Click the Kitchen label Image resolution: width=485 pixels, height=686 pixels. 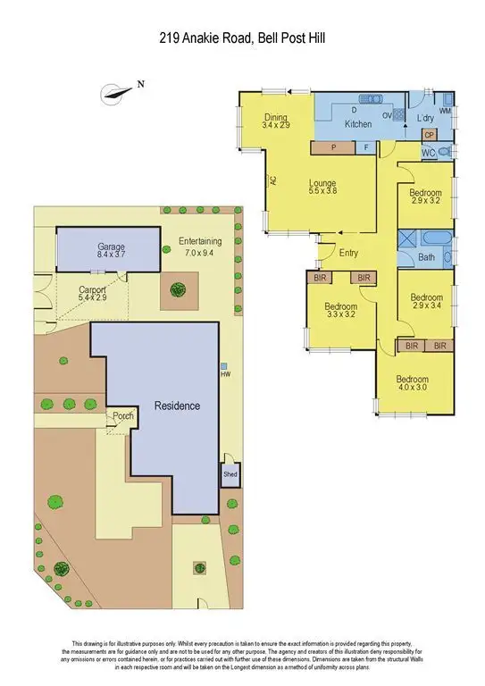(358, 124)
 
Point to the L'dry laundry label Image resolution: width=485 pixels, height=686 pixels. (425, 118)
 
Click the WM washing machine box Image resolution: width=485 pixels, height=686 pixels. (445, 111)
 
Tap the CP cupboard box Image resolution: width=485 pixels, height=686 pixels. (429, 136)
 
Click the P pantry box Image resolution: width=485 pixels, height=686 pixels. (333, 148)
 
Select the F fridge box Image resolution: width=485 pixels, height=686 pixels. (366, 148)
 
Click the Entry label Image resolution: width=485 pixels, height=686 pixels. (348, 253)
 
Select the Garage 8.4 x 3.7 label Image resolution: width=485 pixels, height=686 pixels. (112, 250)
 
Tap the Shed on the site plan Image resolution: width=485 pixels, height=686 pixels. (230, 474)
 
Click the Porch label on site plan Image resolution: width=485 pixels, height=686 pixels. (121, 416)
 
